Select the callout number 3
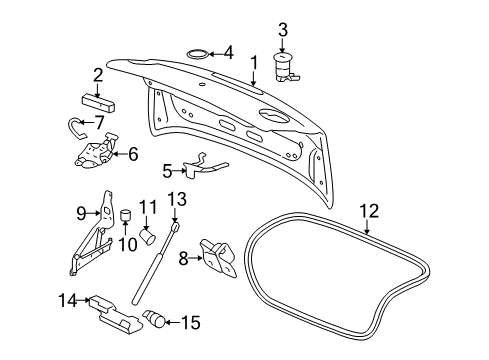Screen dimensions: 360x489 coord(283,28)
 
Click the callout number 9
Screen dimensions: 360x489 coord(83,211)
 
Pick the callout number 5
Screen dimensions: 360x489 coord(167,170)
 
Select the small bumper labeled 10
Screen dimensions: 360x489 coord(127,219)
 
